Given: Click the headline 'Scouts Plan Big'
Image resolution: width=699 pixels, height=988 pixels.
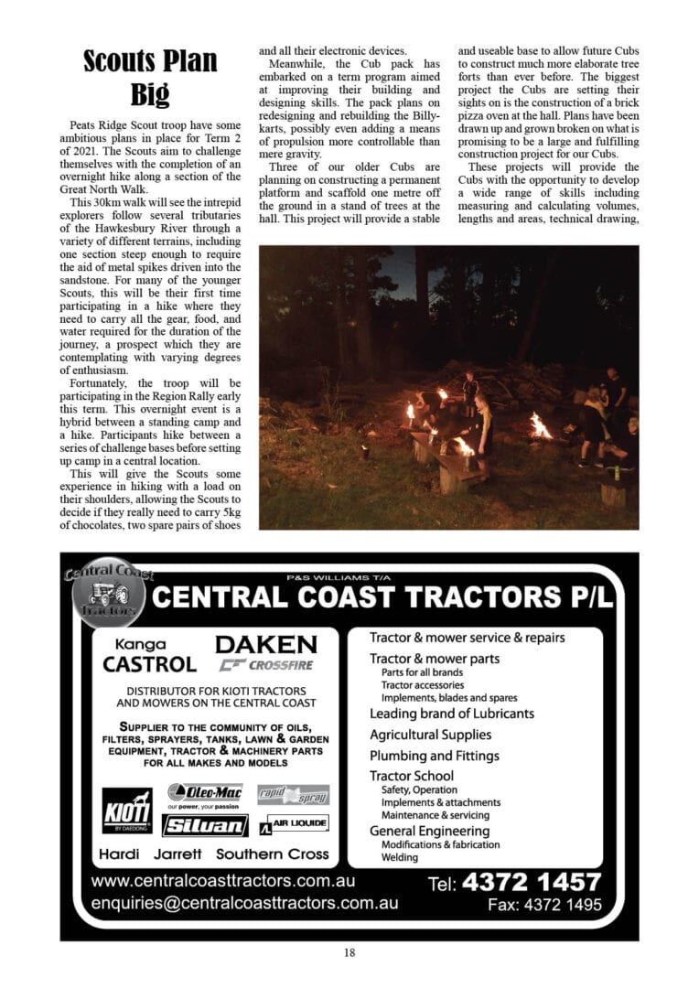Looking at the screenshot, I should (x=150, y=78).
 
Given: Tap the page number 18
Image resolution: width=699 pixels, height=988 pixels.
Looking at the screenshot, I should (x=349, y=952).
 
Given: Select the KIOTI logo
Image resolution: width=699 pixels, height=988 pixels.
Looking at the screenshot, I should (x=127, y=810).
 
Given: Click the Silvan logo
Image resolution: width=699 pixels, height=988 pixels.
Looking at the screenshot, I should (x=205, y=825).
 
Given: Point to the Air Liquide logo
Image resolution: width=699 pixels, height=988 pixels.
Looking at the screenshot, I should (x=293, y=824).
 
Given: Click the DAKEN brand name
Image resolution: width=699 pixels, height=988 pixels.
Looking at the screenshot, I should (x=265, y=644).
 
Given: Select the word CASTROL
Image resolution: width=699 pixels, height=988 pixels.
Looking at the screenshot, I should (x=149, y=663).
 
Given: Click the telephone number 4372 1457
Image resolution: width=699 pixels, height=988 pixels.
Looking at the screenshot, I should (x=532, y=883).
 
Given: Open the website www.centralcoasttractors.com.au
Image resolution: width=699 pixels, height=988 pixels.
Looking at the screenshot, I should (x=223, y=882).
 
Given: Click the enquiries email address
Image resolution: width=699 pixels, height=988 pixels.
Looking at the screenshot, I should (x=244, y=903).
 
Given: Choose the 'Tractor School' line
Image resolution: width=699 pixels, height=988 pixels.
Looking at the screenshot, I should (x=411, y=776).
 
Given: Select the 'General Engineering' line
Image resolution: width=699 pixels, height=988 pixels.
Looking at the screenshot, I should (x=429, y=831).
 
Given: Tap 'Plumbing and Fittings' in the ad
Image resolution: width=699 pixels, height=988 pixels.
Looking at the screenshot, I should (x=434, y=756).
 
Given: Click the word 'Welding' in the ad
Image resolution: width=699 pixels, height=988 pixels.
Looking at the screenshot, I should (x=400, y=857).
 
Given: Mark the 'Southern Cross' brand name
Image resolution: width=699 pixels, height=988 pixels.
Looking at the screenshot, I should (x=272, y=854).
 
